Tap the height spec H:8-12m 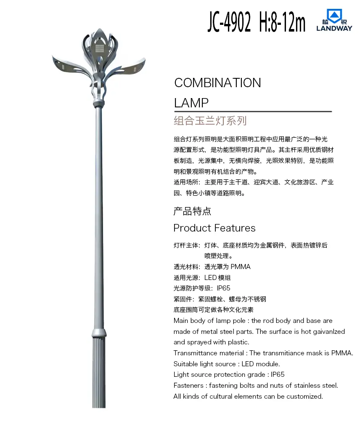[x=282, y=22]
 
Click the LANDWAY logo [x=334, y=21]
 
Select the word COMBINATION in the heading [x=217, y=83]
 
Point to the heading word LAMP [x=191, y=103]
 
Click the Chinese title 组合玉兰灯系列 [x=210, y=121]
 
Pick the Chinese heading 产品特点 [x=192, y=211]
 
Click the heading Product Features [x=214, y=228]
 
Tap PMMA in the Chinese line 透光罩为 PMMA [x=241, y=267]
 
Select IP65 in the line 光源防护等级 [x=224, y=288]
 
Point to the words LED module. [x=261, y=364]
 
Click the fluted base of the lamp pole [x=98, y=370]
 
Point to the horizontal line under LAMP [x=253, y=112]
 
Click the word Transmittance [x=194, y=353]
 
